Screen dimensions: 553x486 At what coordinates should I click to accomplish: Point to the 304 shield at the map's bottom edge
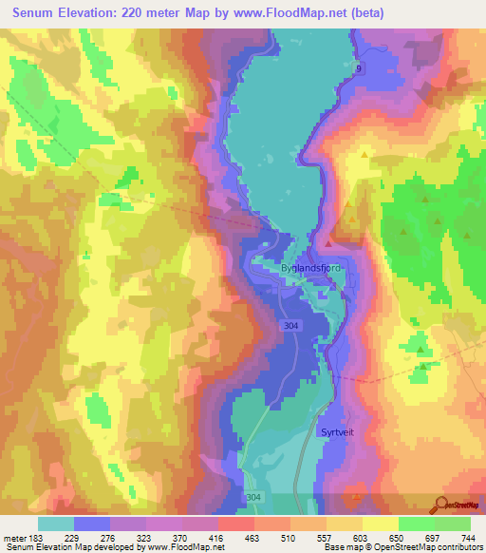(x=279, y=496)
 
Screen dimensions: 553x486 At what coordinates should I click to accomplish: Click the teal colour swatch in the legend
(x=56, y=523)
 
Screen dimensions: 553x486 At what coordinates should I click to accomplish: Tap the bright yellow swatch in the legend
(x=381, y=523)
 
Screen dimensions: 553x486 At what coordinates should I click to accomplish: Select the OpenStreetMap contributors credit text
(x=424, y=548)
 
